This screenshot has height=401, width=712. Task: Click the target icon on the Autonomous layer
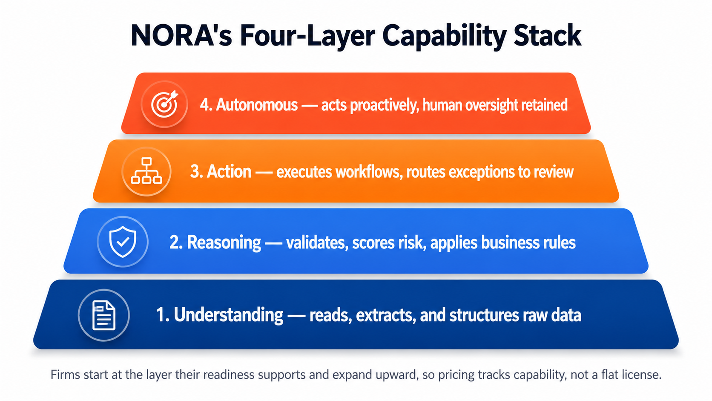point(164,104)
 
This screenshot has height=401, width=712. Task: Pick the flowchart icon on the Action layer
point(146,171)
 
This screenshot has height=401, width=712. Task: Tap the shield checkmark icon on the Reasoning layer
point(123,241)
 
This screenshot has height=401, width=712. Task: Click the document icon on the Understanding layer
point(103,315)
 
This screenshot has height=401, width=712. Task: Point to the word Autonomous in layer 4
point(257,105)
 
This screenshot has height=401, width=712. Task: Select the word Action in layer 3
point(229,171)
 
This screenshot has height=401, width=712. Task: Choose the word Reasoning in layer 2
point(224,243)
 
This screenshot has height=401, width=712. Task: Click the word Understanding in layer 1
point(228,315)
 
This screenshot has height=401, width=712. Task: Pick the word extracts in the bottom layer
point(384,315)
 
